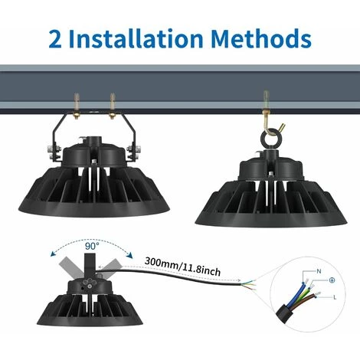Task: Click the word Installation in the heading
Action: click(x=136, y=38)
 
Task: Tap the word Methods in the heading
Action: click(x=261, y=38)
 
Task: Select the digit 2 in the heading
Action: click(x=55, y=39)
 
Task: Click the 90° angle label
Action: click(x=92, y=246)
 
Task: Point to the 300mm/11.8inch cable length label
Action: click(x=182, y=267)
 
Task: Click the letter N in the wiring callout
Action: click(x=319, y=271)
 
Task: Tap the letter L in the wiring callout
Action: click(x=335, y=297)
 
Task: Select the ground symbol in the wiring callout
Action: click(x=332, y=280)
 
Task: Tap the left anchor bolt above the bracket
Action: click(x=77, y=106)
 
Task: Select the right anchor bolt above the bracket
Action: click(x=113, y=106)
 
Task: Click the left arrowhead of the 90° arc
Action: click(x=53, y=254)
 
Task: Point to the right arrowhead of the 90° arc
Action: click(x=130, y=255)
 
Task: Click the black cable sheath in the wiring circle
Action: click(x=285, y=313)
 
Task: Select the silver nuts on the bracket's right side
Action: click(x=133, y=152)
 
